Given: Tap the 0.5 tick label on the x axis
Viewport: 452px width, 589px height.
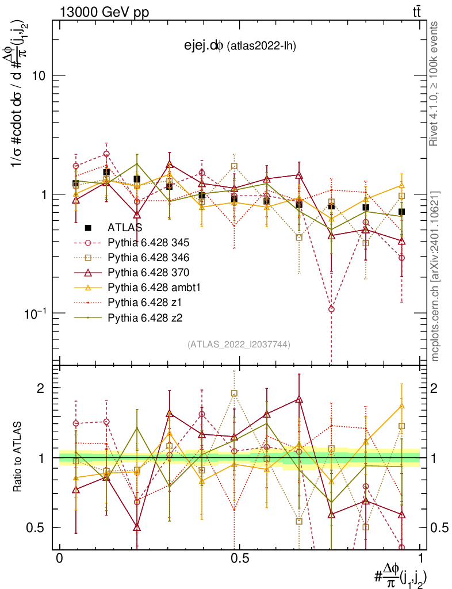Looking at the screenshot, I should pos(239,558).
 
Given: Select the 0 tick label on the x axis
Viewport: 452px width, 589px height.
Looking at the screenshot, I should pos(59,558).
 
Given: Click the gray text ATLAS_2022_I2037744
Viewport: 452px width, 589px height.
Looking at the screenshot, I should pos(239,345).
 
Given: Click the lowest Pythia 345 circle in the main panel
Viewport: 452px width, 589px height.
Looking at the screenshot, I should pos(331,309).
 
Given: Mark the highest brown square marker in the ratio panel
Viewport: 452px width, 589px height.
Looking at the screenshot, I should pos(234,393).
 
